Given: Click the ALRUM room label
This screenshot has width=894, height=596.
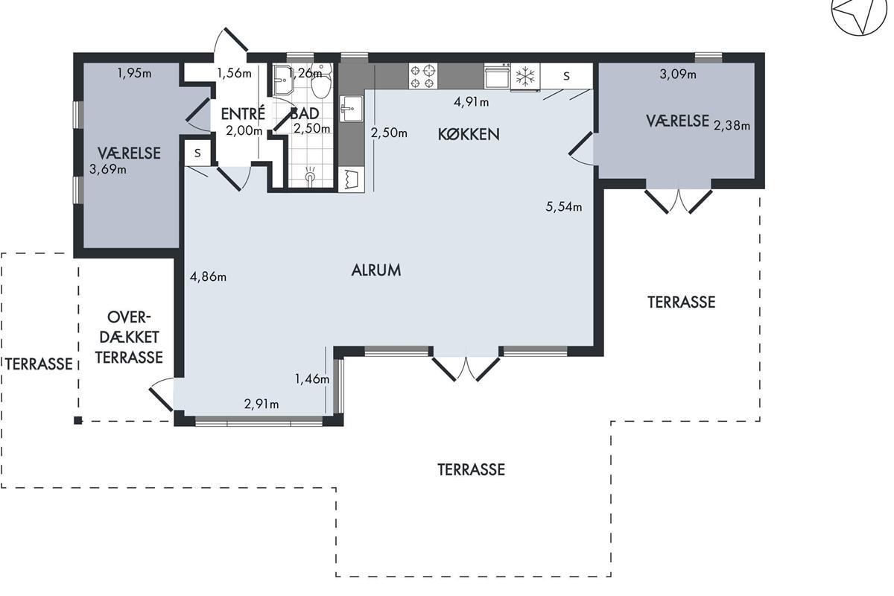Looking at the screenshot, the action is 376,270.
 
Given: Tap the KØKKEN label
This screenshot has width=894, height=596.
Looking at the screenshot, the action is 469,135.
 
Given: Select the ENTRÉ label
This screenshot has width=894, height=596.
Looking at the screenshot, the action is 243,113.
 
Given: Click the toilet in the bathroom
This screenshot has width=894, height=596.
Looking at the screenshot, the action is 321,82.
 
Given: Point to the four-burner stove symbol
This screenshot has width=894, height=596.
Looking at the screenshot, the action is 422,76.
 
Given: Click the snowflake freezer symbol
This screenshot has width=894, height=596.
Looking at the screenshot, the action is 525,76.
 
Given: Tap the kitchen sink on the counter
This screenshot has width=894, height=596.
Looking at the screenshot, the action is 351,109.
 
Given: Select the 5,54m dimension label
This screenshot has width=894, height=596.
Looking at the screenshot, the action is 563,207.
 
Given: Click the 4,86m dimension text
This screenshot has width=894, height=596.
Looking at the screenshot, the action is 208,276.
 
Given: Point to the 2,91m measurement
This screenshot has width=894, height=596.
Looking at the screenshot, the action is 261,405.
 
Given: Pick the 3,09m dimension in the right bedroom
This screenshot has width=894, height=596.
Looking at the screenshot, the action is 678,74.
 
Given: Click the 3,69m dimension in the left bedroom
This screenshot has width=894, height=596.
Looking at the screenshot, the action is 108,170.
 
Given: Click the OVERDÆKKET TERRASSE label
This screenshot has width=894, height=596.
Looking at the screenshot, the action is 129,337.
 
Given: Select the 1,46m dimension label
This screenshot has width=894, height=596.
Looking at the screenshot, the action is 312,379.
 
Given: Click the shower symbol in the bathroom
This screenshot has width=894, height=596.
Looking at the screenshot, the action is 310,176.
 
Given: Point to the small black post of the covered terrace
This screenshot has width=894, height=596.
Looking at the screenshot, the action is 78,420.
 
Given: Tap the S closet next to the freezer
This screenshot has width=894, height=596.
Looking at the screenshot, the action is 566,76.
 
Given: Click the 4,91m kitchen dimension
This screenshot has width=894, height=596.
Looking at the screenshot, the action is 471,102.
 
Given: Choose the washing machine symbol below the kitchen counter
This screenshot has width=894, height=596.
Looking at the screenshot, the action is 351,180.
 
